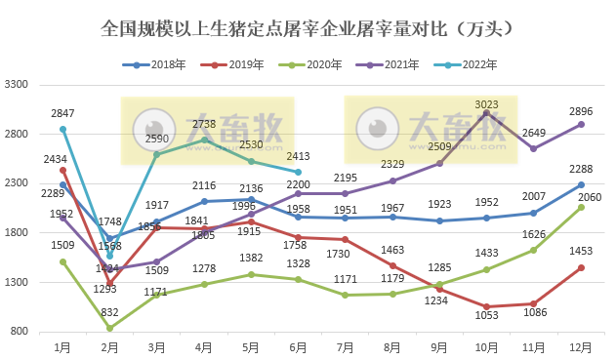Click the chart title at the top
click(308, 29)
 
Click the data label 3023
click(486, 103)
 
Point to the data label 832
click(109, 312)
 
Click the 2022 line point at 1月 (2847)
click(62, 129)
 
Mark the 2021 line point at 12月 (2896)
click(581, 124)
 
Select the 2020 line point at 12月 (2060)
click(581, 207)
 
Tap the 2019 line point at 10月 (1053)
click(486, 306)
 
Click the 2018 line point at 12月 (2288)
click(581, 184)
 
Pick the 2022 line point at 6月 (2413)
click(299, 172)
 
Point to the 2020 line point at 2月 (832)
click(109, 328)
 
